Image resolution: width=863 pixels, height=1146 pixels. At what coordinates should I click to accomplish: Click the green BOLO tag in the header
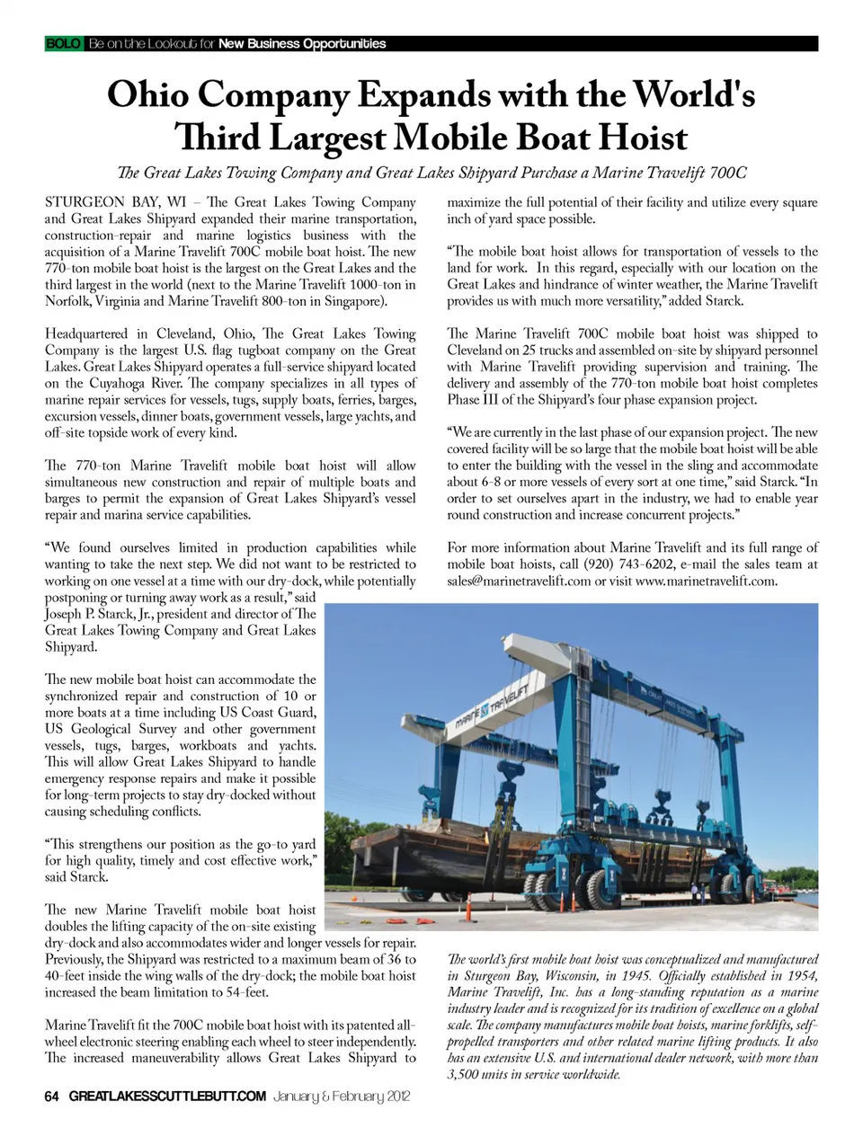pyautogui.click(x=63, y=43)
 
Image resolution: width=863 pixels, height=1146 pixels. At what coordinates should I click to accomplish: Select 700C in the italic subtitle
pyautogui.click(x=725, y=173)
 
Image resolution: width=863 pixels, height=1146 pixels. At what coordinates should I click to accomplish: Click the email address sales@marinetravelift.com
pyautogui.click(x=519, y=581)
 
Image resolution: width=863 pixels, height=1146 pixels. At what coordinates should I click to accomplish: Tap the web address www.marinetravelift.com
pyautogui.click(x=706, y=581)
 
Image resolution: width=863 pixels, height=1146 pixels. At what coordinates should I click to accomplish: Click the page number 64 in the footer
pyautogui.click(x=52, y=1096)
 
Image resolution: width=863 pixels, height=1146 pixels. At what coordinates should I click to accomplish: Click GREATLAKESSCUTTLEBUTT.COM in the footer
pyautogui.click(x=167, y=1096)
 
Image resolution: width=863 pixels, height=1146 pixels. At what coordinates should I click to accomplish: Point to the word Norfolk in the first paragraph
pyautogui.click(x=68, y=301)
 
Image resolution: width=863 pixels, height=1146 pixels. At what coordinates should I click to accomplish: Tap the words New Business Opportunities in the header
pyautogui.click(x=302, y=43)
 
